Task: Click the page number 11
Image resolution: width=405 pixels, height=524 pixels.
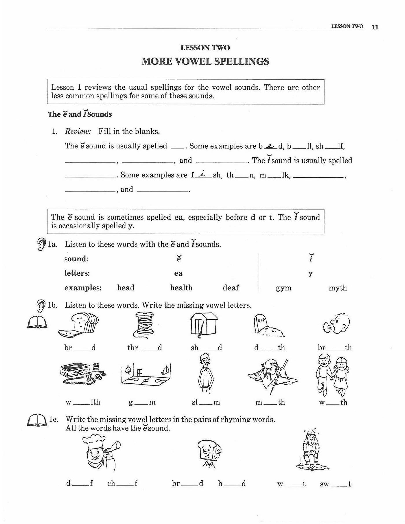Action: click(x=375, y=27)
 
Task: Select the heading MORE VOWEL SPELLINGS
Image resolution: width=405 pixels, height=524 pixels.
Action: click(x=205, y=62)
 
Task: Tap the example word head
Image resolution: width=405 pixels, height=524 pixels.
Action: click(x=126, y=288)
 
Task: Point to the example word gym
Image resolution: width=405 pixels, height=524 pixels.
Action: click(x=283, y=288)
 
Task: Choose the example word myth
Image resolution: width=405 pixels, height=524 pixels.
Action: click(x=338, y=288)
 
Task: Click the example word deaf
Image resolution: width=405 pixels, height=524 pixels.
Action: click(x=231, y=288)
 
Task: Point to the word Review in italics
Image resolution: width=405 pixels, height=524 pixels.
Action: click(x=78, y=132)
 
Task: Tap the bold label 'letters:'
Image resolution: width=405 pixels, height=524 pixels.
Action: click(x=77, y=273)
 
